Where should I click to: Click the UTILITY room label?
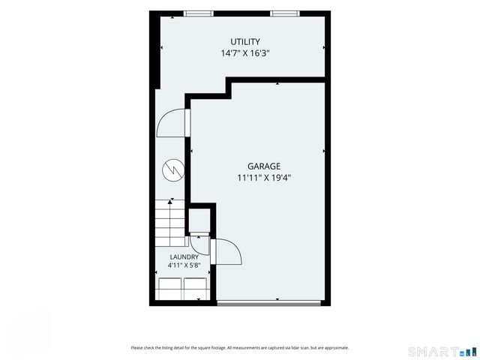point(245,42)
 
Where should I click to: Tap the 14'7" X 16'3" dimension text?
point(245,53)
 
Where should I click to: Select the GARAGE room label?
point(264,166)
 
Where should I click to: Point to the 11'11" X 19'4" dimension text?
point(264,178)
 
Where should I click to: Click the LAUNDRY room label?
point(184,257)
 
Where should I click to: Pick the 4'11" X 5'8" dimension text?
point(184,265)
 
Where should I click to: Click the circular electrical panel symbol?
point(173,170)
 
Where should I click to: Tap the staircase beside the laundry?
point(170,223)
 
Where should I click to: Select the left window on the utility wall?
point(198,13)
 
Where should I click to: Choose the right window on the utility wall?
point(285,13)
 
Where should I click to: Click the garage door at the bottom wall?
point(268,303)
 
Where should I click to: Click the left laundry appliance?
point(170,289)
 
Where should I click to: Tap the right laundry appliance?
point(195,289)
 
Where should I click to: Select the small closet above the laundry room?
point(199,220)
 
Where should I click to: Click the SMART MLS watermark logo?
point(442,352)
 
